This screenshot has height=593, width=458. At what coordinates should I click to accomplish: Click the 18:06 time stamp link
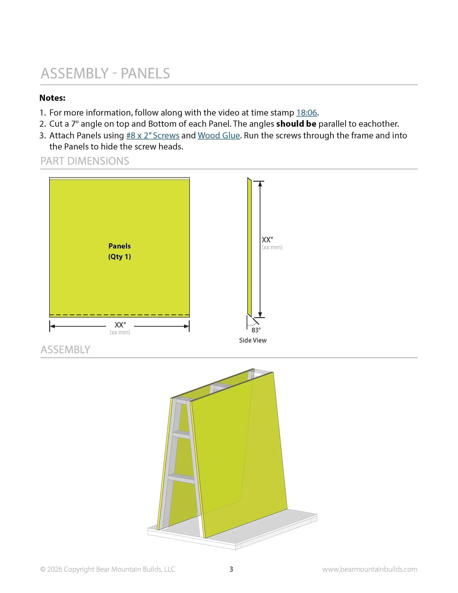(306, 113)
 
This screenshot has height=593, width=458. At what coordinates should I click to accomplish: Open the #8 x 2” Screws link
(153, 135)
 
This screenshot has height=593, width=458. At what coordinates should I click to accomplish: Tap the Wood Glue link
(219, 135)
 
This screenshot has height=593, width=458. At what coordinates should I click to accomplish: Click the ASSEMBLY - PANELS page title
(105, 73)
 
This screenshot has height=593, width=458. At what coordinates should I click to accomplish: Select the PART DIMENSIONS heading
(85, 161)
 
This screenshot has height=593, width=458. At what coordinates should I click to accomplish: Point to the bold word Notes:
(52, 98)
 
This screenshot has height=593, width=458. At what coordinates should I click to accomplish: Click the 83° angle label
(256, 330)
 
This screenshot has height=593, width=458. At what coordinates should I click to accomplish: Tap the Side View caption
(253, 340)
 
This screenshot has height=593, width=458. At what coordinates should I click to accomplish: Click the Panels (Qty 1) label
(120, 251)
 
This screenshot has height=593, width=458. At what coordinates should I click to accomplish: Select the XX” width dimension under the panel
(120, 325)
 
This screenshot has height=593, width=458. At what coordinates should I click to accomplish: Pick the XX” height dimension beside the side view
(267, 240)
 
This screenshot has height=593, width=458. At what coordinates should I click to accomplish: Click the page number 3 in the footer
(231, 569)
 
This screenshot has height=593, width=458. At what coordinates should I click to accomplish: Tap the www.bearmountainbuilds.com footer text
(370, 569)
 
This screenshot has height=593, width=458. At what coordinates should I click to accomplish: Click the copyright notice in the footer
(108, 569)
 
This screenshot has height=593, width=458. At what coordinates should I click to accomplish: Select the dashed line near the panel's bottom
(119, 315)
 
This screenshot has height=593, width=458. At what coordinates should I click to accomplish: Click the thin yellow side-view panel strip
(249, 247)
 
